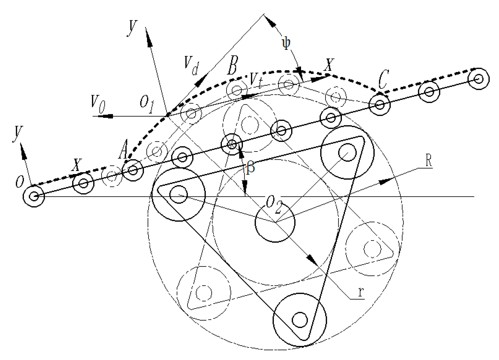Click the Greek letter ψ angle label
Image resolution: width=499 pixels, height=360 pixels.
tap(286, 44)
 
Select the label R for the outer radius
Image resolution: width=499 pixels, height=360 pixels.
tap(428, 162)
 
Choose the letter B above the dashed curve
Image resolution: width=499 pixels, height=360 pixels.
tap(232, 66)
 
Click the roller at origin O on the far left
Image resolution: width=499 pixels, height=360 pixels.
tap(34, 196)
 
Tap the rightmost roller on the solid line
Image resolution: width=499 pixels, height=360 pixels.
tap(478, 79)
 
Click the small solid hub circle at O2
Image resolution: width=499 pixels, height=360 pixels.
tap(275, 222)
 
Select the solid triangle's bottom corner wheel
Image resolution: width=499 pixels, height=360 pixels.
tap(300, 320)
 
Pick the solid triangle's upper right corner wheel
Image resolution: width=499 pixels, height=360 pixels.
tap(347, 152)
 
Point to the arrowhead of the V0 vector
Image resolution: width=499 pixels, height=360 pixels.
tap(107, 116)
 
